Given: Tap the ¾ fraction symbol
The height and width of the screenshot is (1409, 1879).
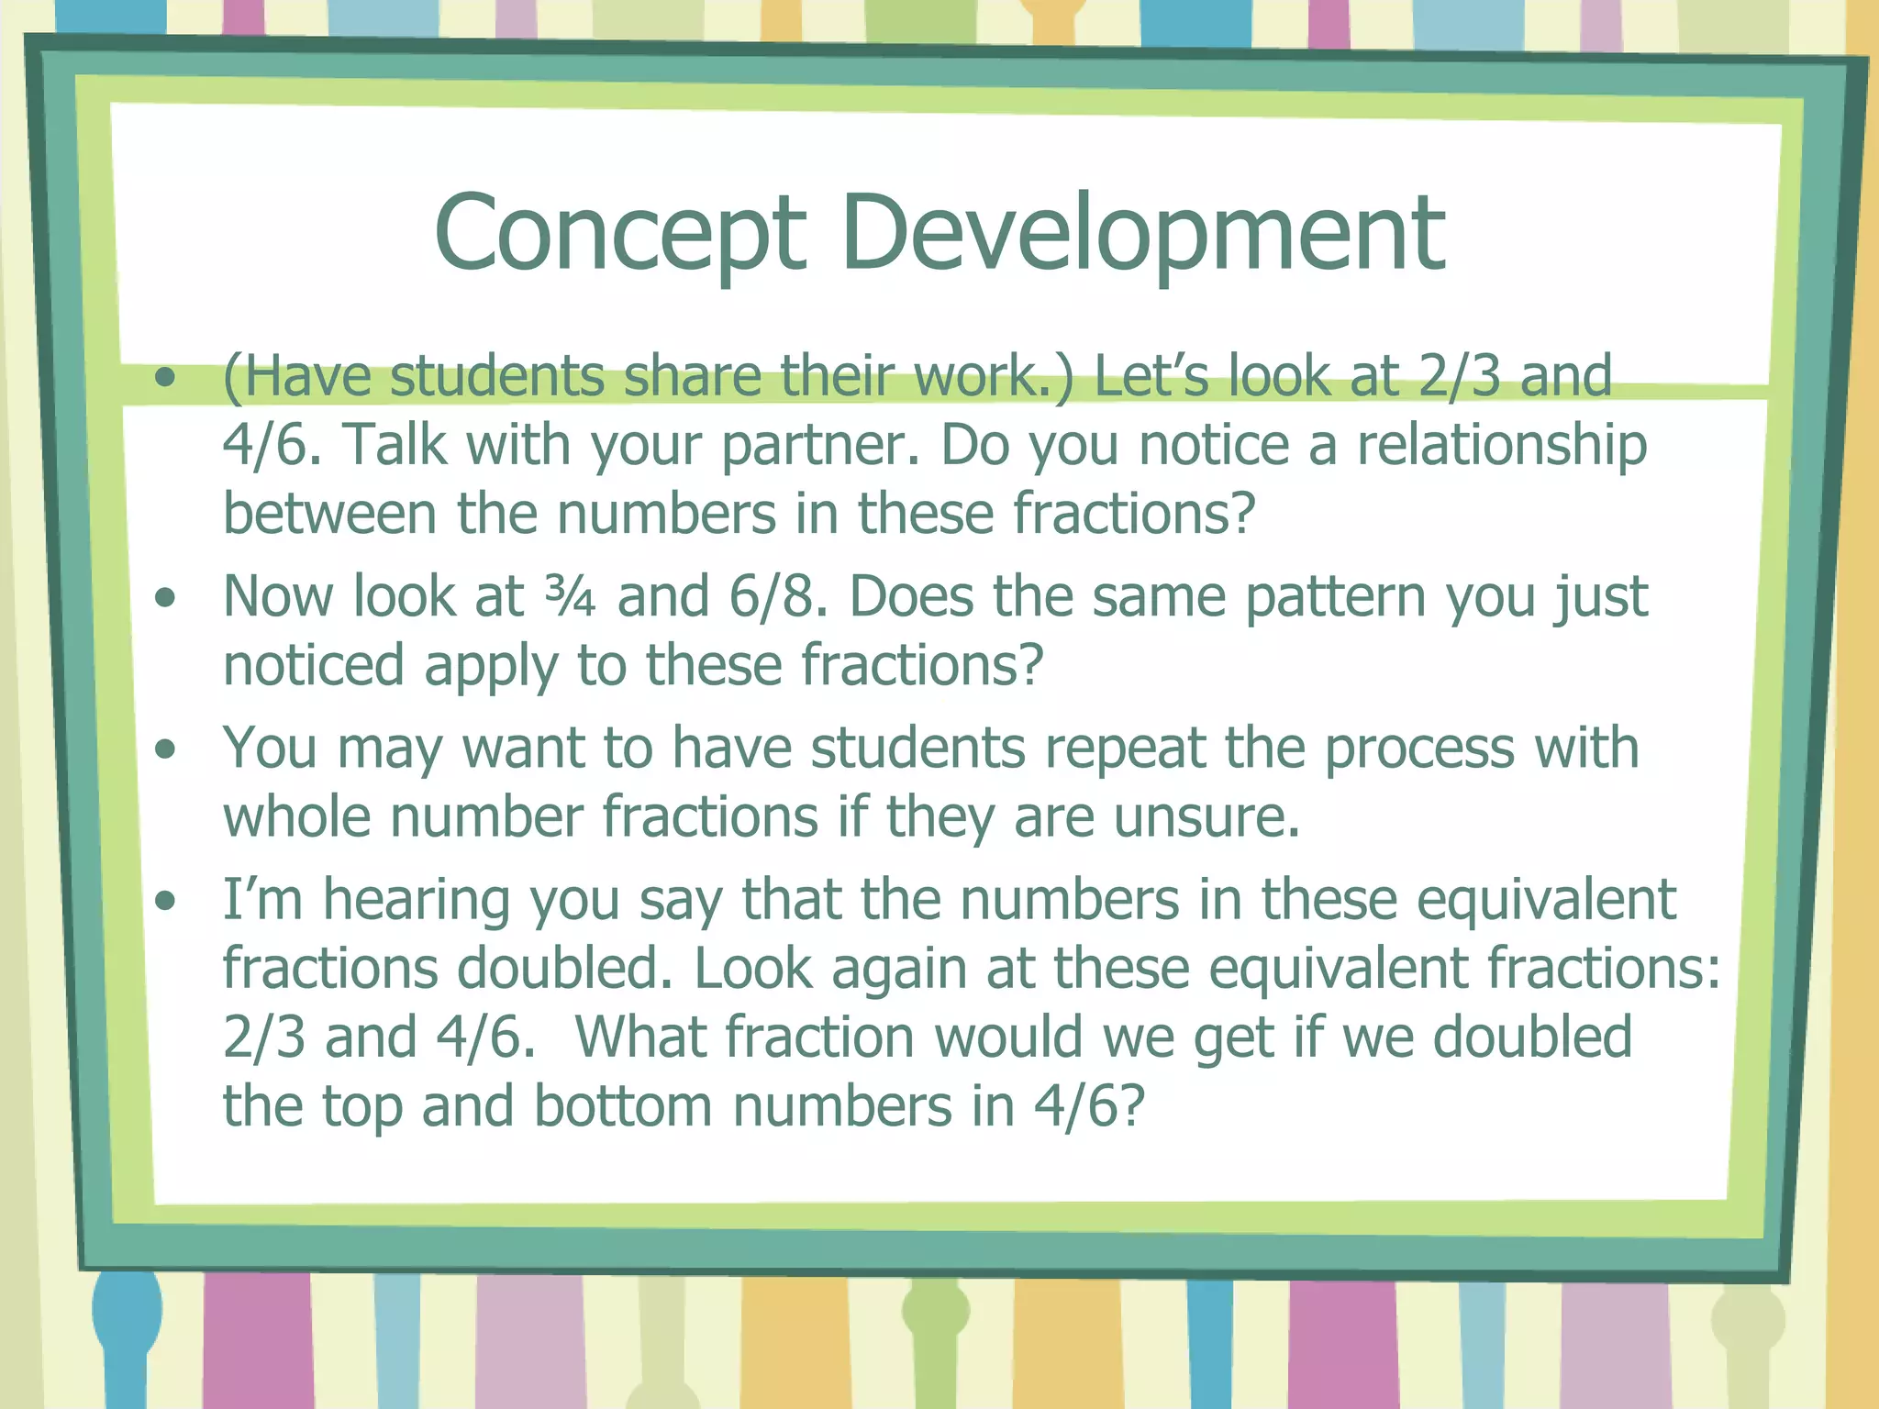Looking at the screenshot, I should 570,598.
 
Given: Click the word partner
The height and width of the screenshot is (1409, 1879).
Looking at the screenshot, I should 819,447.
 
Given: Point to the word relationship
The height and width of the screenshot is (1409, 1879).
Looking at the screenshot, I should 1502,447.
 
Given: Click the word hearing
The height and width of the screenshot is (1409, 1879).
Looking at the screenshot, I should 417,901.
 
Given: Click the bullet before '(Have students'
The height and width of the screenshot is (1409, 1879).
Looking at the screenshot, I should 165,377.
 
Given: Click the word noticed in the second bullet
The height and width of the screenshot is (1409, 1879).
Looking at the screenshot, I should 313,665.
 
